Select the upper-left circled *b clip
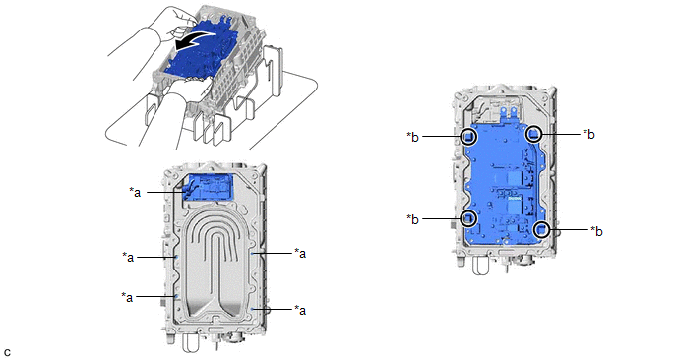pos(468,137)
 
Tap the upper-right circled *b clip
pos(534,134)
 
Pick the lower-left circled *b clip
pos(469,218)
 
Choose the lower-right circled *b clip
pos(542,229)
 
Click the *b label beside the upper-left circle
pos(412,137)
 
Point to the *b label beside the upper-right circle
pos(588,134)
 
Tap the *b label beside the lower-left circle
pos(412,219)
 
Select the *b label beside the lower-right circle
pos(596,231)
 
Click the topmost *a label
pos(135,192)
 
